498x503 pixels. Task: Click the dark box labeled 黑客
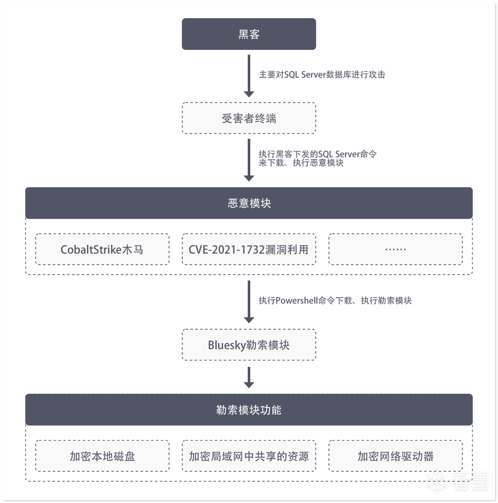click(x=249, y=34)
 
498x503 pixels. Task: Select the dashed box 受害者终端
click(x=249, y=118)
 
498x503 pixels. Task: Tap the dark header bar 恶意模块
click(x=249, y=203)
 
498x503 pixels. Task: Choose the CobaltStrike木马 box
click(x=102, y=249)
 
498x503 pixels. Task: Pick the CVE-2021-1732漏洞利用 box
click(x=249, y=249)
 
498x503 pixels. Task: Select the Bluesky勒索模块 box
click(x=249, y=345)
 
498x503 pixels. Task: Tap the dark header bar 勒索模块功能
click(x=249, y=410)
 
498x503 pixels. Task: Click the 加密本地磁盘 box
click(x=102, y=456)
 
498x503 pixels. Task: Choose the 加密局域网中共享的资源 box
click(x=249, y=456)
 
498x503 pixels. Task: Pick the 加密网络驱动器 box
click(x=395, y=456)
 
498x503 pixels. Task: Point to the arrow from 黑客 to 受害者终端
click(x=249, y=76)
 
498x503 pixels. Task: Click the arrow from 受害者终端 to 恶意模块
click(x=249, y=160)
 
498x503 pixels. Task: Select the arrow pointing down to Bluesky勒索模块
click(x=249, y=302)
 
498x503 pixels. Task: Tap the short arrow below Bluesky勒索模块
click(x=249, y=377)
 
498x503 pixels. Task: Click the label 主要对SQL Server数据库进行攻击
click(x=322, y=75)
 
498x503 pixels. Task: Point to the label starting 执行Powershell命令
click(x=335, y=301)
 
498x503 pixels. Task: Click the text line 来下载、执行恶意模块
click(x=301, y=163)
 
